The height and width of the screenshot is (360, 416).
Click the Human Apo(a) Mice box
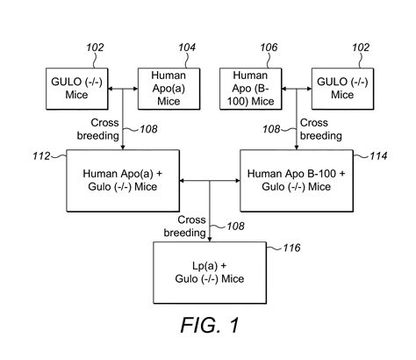coord(169,87)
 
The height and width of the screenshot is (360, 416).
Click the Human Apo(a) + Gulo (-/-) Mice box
coord(123,180)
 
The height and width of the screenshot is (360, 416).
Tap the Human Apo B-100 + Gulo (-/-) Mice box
coord(295,180)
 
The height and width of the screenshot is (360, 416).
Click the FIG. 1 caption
coord(208,325)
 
